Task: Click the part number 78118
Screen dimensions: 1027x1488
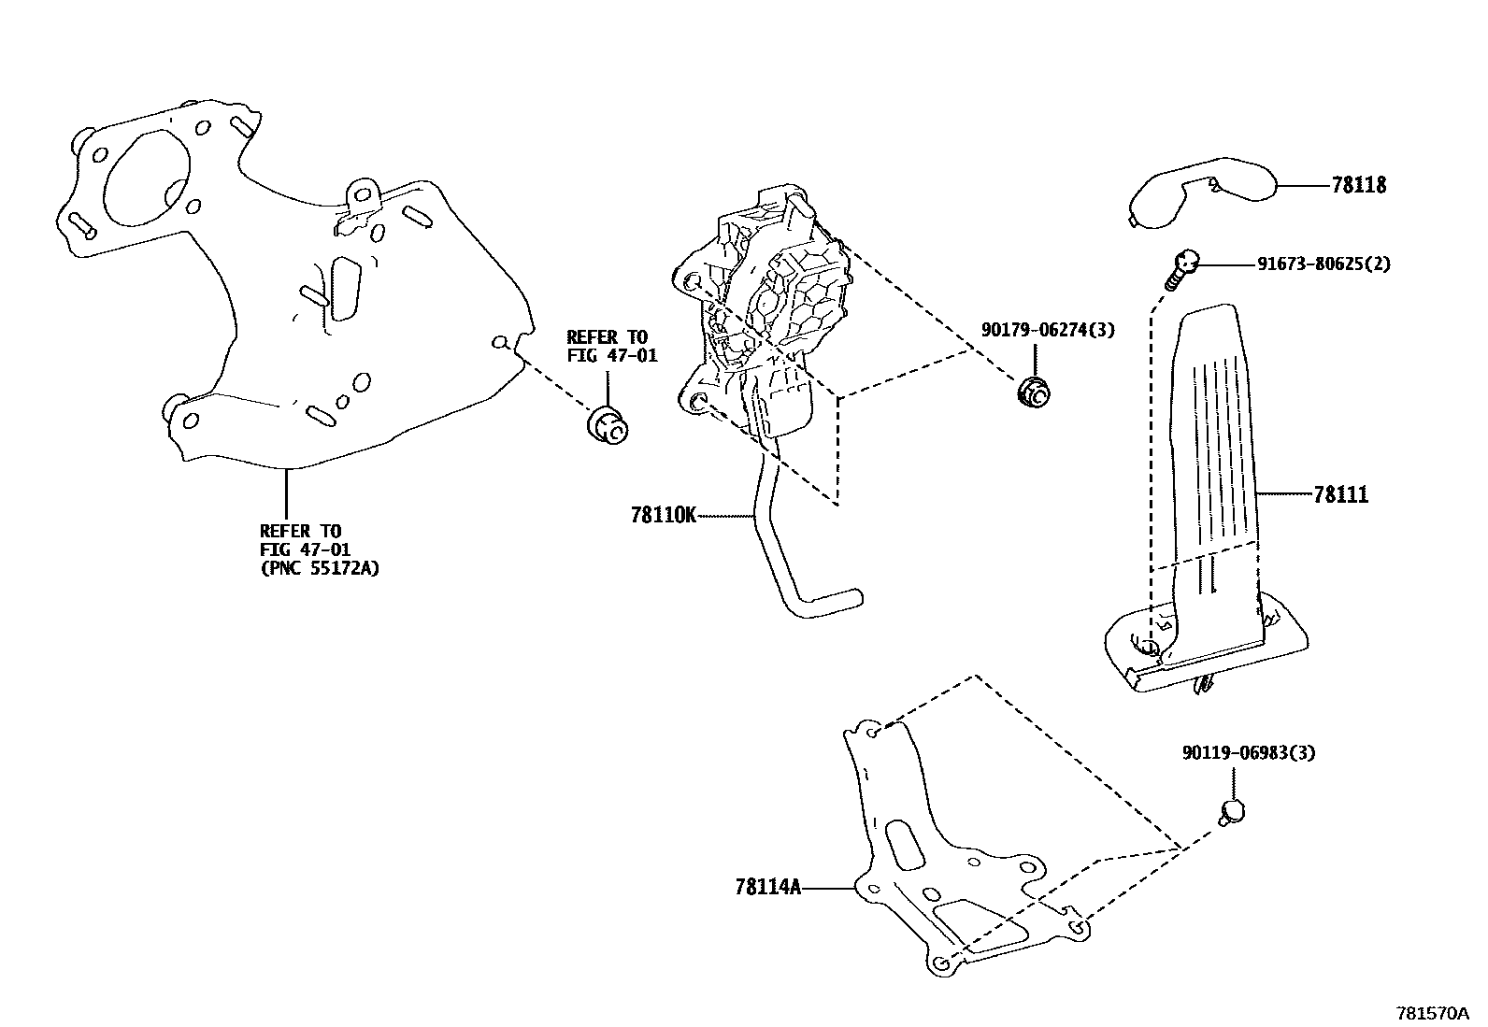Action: pos(1359,185)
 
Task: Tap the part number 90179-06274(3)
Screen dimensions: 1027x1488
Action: pos(1047,330)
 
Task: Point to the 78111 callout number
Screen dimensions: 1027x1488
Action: pos(1340,494)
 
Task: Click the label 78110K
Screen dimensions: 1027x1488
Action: pos(663,515)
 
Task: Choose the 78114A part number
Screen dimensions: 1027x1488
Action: pos(767,887)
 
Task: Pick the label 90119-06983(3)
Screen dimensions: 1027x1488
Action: pos(1248,752)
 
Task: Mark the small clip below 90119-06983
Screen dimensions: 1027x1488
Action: pos(1232,811)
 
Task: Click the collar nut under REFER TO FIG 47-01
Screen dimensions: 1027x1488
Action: pos(608,425)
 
